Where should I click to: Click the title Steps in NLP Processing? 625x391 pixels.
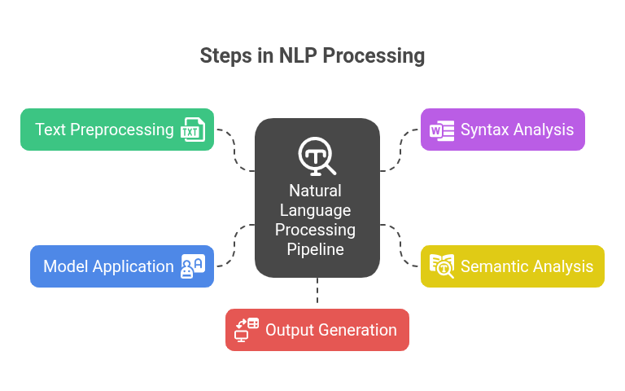coord(312,56)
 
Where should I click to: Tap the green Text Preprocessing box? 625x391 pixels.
coord(104,130)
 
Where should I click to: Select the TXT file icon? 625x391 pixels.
coord(192,130)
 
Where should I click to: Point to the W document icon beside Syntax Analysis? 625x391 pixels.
coord(441,130)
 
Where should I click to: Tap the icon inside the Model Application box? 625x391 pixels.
coord(192,266)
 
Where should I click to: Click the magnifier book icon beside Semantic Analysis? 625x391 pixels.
coord(441,266)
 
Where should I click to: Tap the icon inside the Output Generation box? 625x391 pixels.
coord(246,330)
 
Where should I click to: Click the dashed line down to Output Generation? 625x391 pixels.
coord(317,292)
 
